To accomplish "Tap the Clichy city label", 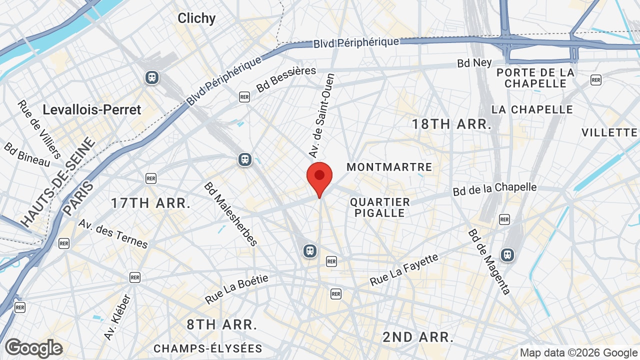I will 196,18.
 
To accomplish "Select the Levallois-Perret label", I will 92,109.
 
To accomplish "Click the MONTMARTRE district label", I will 389,167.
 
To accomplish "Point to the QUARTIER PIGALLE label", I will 380,207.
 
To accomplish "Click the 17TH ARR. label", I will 150,203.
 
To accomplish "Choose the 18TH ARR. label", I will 451,124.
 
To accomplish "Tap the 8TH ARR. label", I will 222,324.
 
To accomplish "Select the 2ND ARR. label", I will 418,336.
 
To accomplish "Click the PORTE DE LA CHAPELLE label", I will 535,78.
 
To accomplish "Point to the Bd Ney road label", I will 474,63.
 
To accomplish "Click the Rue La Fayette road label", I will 404,270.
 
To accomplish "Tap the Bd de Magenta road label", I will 489,261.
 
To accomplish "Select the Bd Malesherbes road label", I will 230,214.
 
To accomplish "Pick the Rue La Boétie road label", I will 236,289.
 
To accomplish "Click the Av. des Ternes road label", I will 113,233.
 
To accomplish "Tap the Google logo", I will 33,348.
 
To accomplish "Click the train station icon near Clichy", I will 152,77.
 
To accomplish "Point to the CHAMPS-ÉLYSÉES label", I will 207,348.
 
